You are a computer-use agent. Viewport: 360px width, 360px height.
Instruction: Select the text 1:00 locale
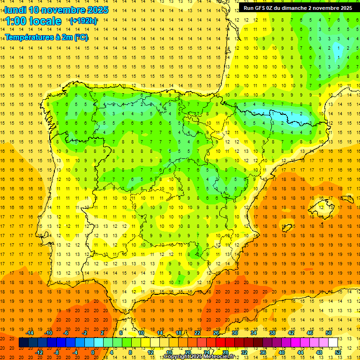tap(33, 21)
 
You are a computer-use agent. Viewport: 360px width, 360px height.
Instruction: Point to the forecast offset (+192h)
tap(83, 21)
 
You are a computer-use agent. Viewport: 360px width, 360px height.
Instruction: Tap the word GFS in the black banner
tap(263, 8)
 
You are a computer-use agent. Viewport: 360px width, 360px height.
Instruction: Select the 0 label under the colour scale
tap(93, 352)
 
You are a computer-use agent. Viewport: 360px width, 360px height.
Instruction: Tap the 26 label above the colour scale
tap(216, 333)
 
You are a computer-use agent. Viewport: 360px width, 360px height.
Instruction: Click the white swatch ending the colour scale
tap(333, 343)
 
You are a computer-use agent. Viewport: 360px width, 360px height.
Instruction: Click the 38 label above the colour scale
tap(272, 333)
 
